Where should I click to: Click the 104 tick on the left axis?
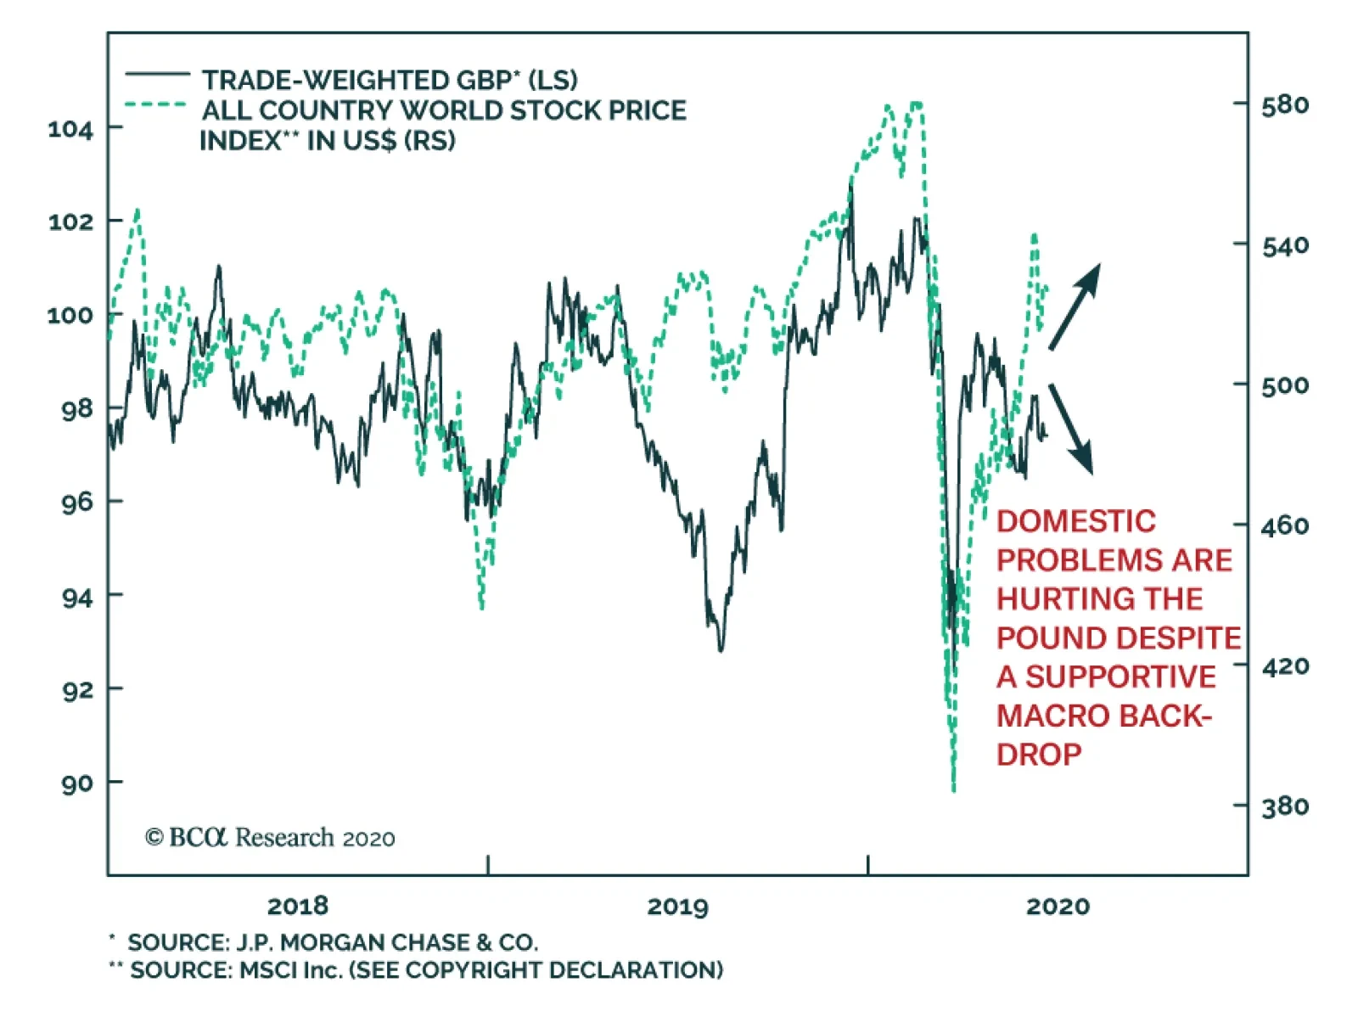coord(70,130)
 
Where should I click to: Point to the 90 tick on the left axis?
coord(76,783)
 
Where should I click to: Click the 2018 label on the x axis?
coord(297,907)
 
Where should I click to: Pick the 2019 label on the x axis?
coord(677,907)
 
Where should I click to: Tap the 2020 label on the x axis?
coord(1058,907)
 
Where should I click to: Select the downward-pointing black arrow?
coord(1071,428)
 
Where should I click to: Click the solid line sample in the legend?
coord(157,76)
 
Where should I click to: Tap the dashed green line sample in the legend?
coord(157,105)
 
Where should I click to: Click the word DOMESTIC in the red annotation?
coord(1075,521)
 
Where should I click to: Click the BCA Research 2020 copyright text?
coord(270,838)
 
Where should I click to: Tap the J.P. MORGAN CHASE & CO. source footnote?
coord(332,942)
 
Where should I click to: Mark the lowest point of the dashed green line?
coord(954,789)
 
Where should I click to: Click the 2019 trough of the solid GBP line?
coord(721,650)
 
